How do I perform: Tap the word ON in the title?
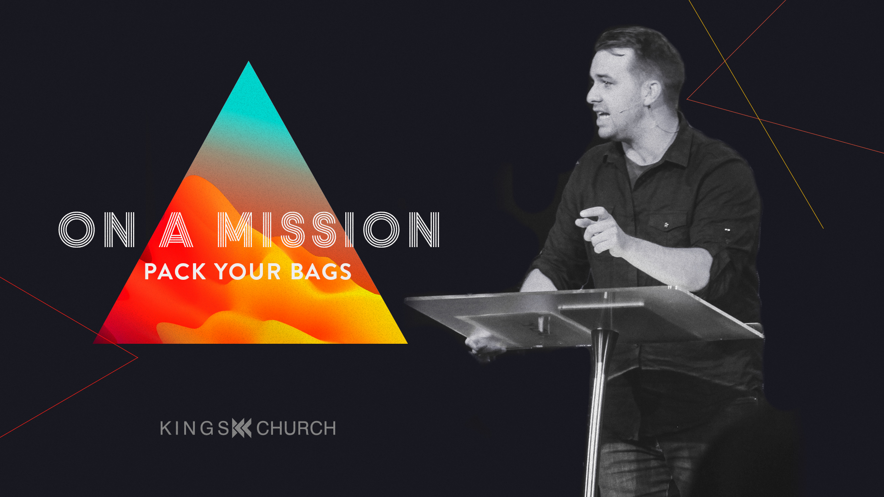97,230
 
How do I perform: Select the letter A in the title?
176,230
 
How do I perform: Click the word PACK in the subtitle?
175,272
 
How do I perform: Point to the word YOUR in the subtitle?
248,272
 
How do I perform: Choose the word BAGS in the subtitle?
321,272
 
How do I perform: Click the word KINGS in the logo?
195,428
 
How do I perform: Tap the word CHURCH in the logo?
296,428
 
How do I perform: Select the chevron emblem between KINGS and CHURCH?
242,428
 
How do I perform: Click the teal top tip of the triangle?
249,62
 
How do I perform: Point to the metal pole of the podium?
599,414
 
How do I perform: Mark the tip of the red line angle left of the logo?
138,357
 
